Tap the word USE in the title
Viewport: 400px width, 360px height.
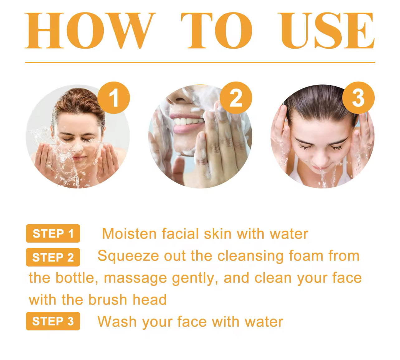(x=328, y=31)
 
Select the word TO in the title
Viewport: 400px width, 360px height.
(x=217, y=31)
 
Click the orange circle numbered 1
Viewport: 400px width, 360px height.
(x=114, y=98)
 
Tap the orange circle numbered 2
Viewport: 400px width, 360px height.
(x=236, y=98)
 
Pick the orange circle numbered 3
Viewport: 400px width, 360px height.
(x=358, y=98)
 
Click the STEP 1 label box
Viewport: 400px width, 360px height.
(x=53, y=234)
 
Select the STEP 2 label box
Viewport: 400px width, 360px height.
(x=53, y=257)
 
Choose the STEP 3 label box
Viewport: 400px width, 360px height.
(x=53, y=321)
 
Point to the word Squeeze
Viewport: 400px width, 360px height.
(x=128, y=257)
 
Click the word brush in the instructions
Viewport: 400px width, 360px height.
(x=108, y=300)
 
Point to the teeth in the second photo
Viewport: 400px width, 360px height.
(x=189, y=121)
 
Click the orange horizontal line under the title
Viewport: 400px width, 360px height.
(x=200, y=62)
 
